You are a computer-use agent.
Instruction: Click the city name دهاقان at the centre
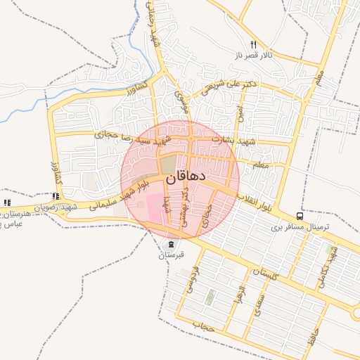[186, 177]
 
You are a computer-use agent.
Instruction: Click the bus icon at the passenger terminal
[300, 217]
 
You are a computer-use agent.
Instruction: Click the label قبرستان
[172, 255]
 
